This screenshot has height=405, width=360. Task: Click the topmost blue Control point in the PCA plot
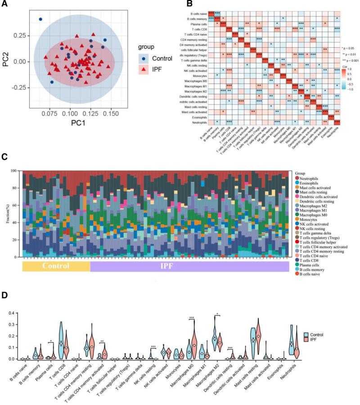(40, 19)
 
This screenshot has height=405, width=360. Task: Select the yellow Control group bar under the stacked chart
(56, 266)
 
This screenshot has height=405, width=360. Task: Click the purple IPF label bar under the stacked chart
(189, 266)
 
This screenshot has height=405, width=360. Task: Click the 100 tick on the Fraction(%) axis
(18, 171)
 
